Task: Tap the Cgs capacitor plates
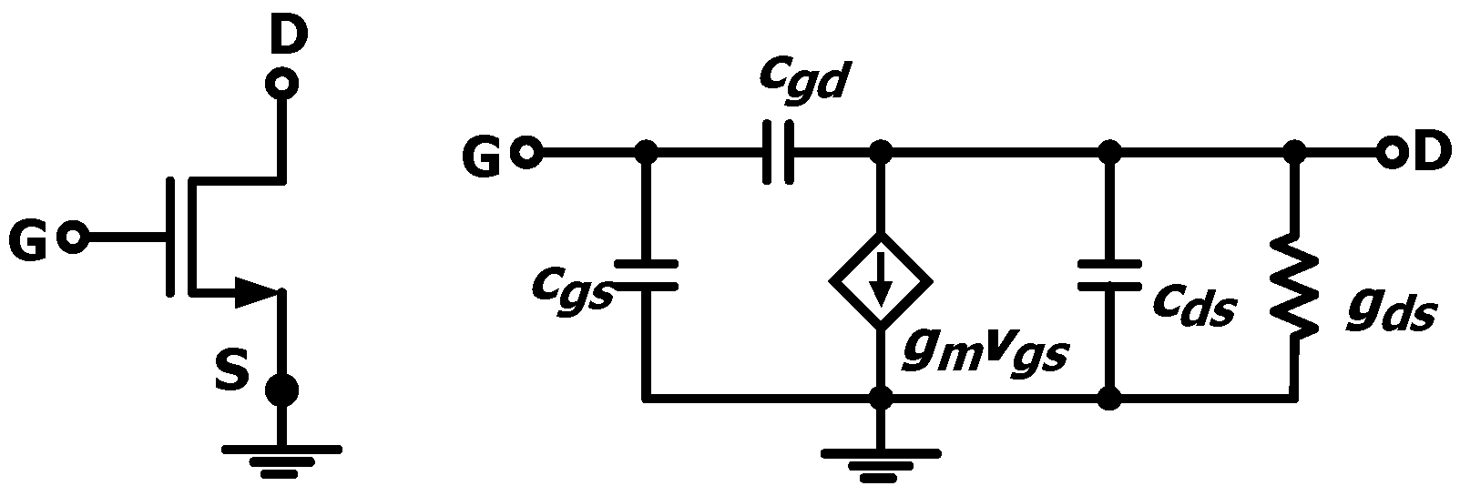[646, 275]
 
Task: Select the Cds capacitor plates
[1108, 275]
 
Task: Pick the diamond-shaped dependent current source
[880, 281]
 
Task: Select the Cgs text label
[571, 289]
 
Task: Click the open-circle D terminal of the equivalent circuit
[1391, 153]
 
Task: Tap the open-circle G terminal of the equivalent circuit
[526, 153]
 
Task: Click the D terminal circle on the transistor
[281, 85]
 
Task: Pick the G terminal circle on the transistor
[71, 238]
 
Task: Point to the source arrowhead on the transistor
[256, 293]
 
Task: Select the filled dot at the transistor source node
[281, 392]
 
